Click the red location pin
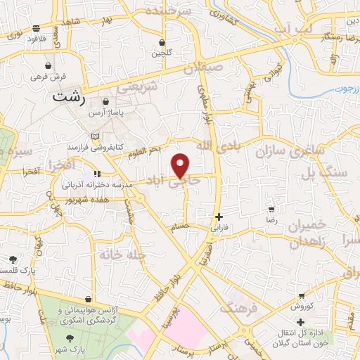(x=181, y=165)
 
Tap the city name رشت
(x=69, y=99)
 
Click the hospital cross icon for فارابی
(x=219, y=217)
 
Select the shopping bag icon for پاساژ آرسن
(x=105, y=101)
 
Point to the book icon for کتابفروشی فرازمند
(x=96, y=136)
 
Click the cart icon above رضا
(x=271, y=210)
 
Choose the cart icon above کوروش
(x=302, y=296)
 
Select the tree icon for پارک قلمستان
(x=12, y=259)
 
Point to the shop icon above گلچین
(x=162, y=41)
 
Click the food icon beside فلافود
(x=36, y=29)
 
